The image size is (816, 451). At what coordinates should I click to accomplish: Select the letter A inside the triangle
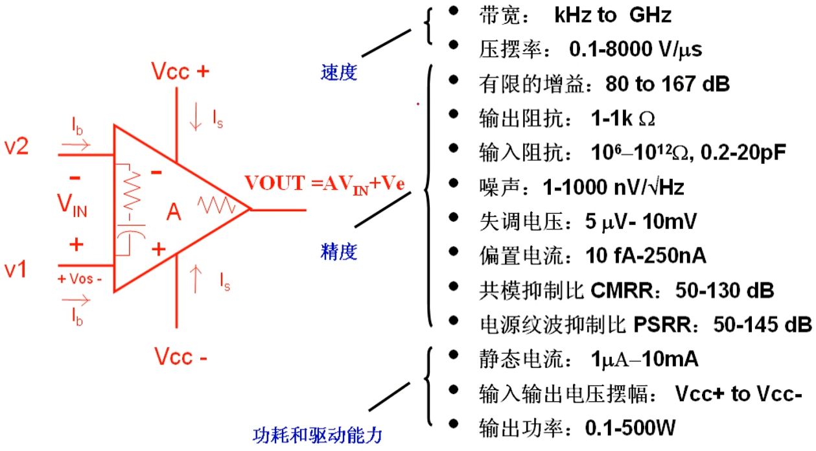[173, 213]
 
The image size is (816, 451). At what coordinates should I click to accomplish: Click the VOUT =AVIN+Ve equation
[325, 183]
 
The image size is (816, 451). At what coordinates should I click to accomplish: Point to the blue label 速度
[338, 72]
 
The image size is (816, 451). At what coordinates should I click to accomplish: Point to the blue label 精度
[338, 251]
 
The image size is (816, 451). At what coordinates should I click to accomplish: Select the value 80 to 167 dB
[668, 84]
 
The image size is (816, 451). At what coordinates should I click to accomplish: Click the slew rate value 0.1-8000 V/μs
[635, 49]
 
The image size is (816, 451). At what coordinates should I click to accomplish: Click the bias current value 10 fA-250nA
[645, 255]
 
